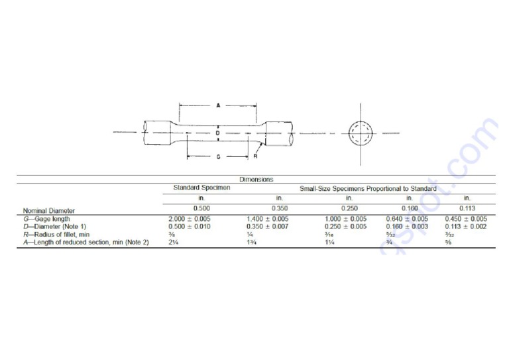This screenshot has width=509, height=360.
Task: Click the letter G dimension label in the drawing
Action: pos(217,157)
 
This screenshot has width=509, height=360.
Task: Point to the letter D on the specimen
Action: pos(217,133)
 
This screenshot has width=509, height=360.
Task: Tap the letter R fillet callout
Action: pos(254,157)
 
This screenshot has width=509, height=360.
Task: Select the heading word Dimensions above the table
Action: pos(256,179)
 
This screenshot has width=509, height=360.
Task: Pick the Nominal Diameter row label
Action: pos(48,211)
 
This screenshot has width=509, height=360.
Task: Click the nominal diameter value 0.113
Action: pos(467,208)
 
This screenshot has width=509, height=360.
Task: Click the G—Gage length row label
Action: pos(46,219)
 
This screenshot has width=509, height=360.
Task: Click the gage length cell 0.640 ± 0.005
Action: pos(407,219)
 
